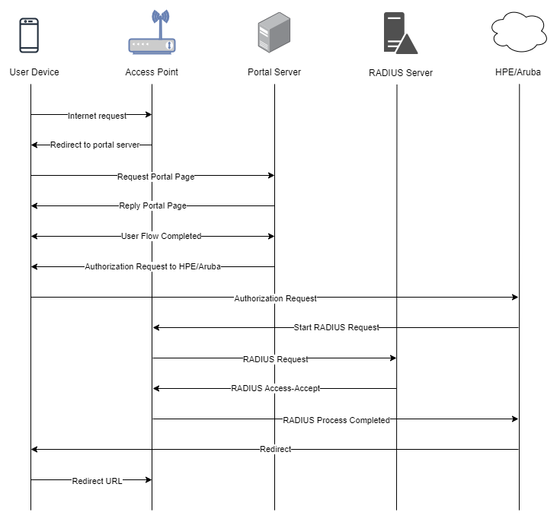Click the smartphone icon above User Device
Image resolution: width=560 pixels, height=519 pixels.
[x=29, y=35]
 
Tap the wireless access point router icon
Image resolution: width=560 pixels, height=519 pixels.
[x=152, y=32]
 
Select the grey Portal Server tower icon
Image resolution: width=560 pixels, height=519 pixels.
[x=274, y=33]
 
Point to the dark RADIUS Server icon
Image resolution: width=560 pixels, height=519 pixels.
[x=400, y=33]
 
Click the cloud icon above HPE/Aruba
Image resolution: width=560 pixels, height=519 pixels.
[x=519, y=32]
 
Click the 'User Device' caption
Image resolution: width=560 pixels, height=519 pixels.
[x=34, y=72]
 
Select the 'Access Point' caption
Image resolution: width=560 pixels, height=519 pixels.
[x=152, y=72]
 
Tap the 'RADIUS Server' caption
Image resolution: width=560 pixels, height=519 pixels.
[x=401, y=73]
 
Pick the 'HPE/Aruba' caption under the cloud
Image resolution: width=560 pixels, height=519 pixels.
[x=518, y=72]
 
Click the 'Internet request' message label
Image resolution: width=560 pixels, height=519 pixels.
[x=98, y=116]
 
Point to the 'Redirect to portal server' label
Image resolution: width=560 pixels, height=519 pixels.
[x=95, y=145]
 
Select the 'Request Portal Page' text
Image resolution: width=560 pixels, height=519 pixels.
[x=156, y=177]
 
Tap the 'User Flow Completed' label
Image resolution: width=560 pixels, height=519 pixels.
[x=161, y=236]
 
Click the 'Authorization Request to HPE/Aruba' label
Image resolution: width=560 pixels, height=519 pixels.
[x=153, y=266]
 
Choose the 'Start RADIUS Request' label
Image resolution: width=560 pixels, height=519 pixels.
[x=337, y=327]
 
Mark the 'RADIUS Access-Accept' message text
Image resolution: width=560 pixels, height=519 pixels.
[x=276, y=388]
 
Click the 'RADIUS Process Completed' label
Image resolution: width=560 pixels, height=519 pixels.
[x=337, y=420]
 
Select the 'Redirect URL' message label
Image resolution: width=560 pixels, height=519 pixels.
[x=98, y=481]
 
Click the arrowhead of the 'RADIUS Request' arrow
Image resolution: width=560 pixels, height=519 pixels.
[x=393, y=358]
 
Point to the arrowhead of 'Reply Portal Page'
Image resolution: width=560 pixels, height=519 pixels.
[x=34, y=205]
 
